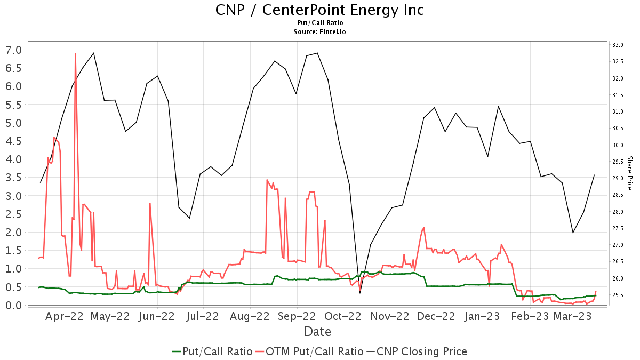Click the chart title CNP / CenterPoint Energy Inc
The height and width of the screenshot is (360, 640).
(319, 10)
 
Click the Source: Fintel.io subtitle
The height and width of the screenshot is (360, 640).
(319, 32)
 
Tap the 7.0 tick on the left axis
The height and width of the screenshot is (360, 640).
(13, 50)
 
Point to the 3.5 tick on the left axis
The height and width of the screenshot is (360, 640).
(13, 178)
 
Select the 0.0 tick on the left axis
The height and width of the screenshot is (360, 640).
(13, 305)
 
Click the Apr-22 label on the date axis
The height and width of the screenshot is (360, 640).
(65, 316)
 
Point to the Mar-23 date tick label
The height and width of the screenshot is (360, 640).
(572, 316)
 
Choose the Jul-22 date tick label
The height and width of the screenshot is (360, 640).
(203, 316)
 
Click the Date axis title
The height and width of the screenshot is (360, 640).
(317, 332)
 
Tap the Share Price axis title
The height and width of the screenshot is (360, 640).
(629, 173)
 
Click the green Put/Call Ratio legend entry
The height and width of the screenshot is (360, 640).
(212, 351)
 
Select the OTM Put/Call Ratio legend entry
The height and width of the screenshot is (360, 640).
(309, 351)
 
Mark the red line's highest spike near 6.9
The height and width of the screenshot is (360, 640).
(75, 53)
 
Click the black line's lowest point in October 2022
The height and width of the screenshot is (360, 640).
(360, 293)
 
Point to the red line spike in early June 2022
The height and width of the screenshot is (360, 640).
(150, 204)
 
